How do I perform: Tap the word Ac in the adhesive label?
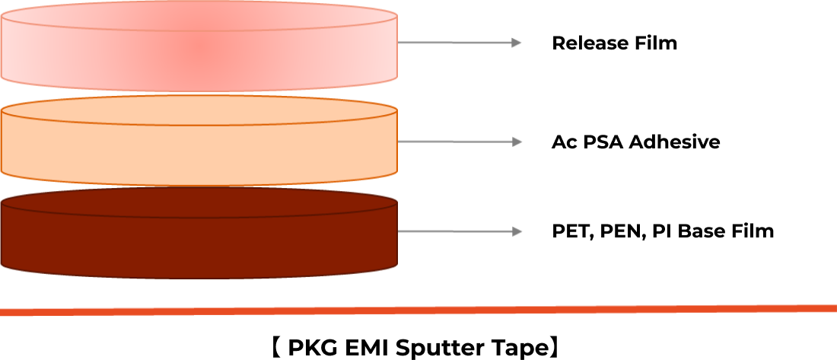[562, 142]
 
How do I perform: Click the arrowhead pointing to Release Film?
[516, 43]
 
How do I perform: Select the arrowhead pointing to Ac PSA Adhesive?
[516, 142]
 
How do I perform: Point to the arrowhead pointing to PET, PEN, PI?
[516, 231]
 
